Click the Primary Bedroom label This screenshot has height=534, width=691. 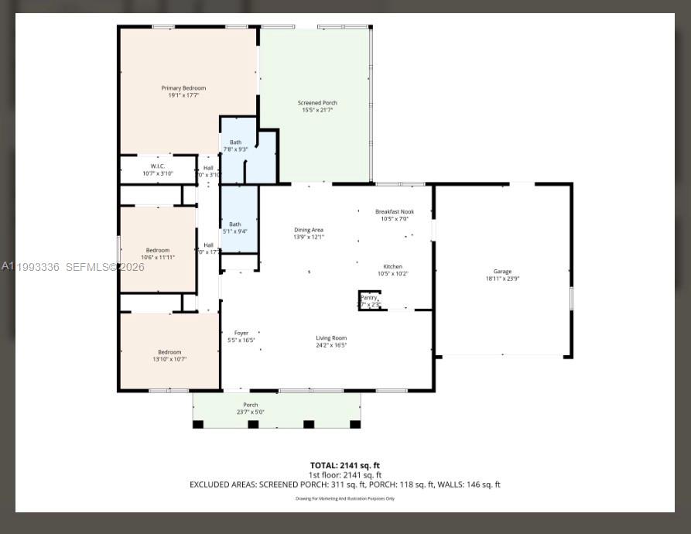[x=183, y=88]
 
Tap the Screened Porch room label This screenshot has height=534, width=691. [x=317, y=103]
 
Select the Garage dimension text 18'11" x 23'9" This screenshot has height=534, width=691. [x=502, y=279]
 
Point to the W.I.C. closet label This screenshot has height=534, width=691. [x=158, y=166]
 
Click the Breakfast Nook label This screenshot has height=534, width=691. [x=395, y=211]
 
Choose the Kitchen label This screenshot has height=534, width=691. [x=393, y=266]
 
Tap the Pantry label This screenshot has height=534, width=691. [x=369, y=297]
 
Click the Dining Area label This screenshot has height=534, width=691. [x=309, y=230]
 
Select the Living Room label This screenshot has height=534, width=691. [x=331, y=337]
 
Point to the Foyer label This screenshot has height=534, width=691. [x=241, y=333]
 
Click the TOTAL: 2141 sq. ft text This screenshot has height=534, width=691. [x=345, y=465]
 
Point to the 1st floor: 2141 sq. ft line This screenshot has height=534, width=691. [x=345, y=474]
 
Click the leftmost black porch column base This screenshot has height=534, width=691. [x=198, y=424]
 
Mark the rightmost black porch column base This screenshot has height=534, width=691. [x=355, y=424]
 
